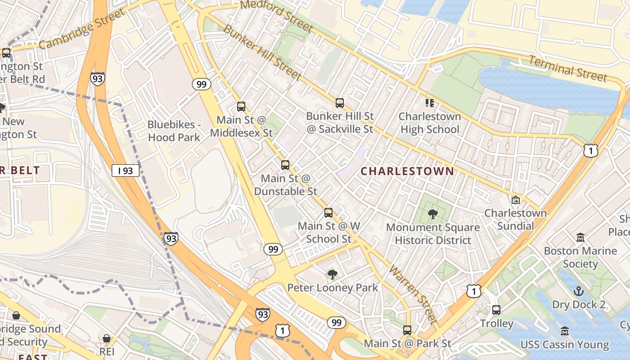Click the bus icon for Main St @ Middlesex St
coord(241,107)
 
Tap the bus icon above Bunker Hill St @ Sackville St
coord(340,103)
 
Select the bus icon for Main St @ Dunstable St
coord(285,165)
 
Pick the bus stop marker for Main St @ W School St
coord(328,213)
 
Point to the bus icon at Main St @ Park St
coord(407,330)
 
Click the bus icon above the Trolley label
coord(496,310)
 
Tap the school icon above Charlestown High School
coord(430,103)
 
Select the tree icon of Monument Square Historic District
coord(433,214)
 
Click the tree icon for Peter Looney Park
coord(333,274)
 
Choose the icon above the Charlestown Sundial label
coord(516,199)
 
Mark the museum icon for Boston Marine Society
coord(580,237)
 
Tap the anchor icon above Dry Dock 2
coord(579,291)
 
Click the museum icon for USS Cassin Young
coord(565,331)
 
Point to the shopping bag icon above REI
coord(107,338)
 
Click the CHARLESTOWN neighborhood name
coord(407,171)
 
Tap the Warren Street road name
coord(413,294)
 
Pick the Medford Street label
coord(276,15)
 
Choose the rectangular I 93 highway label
coord(126,171)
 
